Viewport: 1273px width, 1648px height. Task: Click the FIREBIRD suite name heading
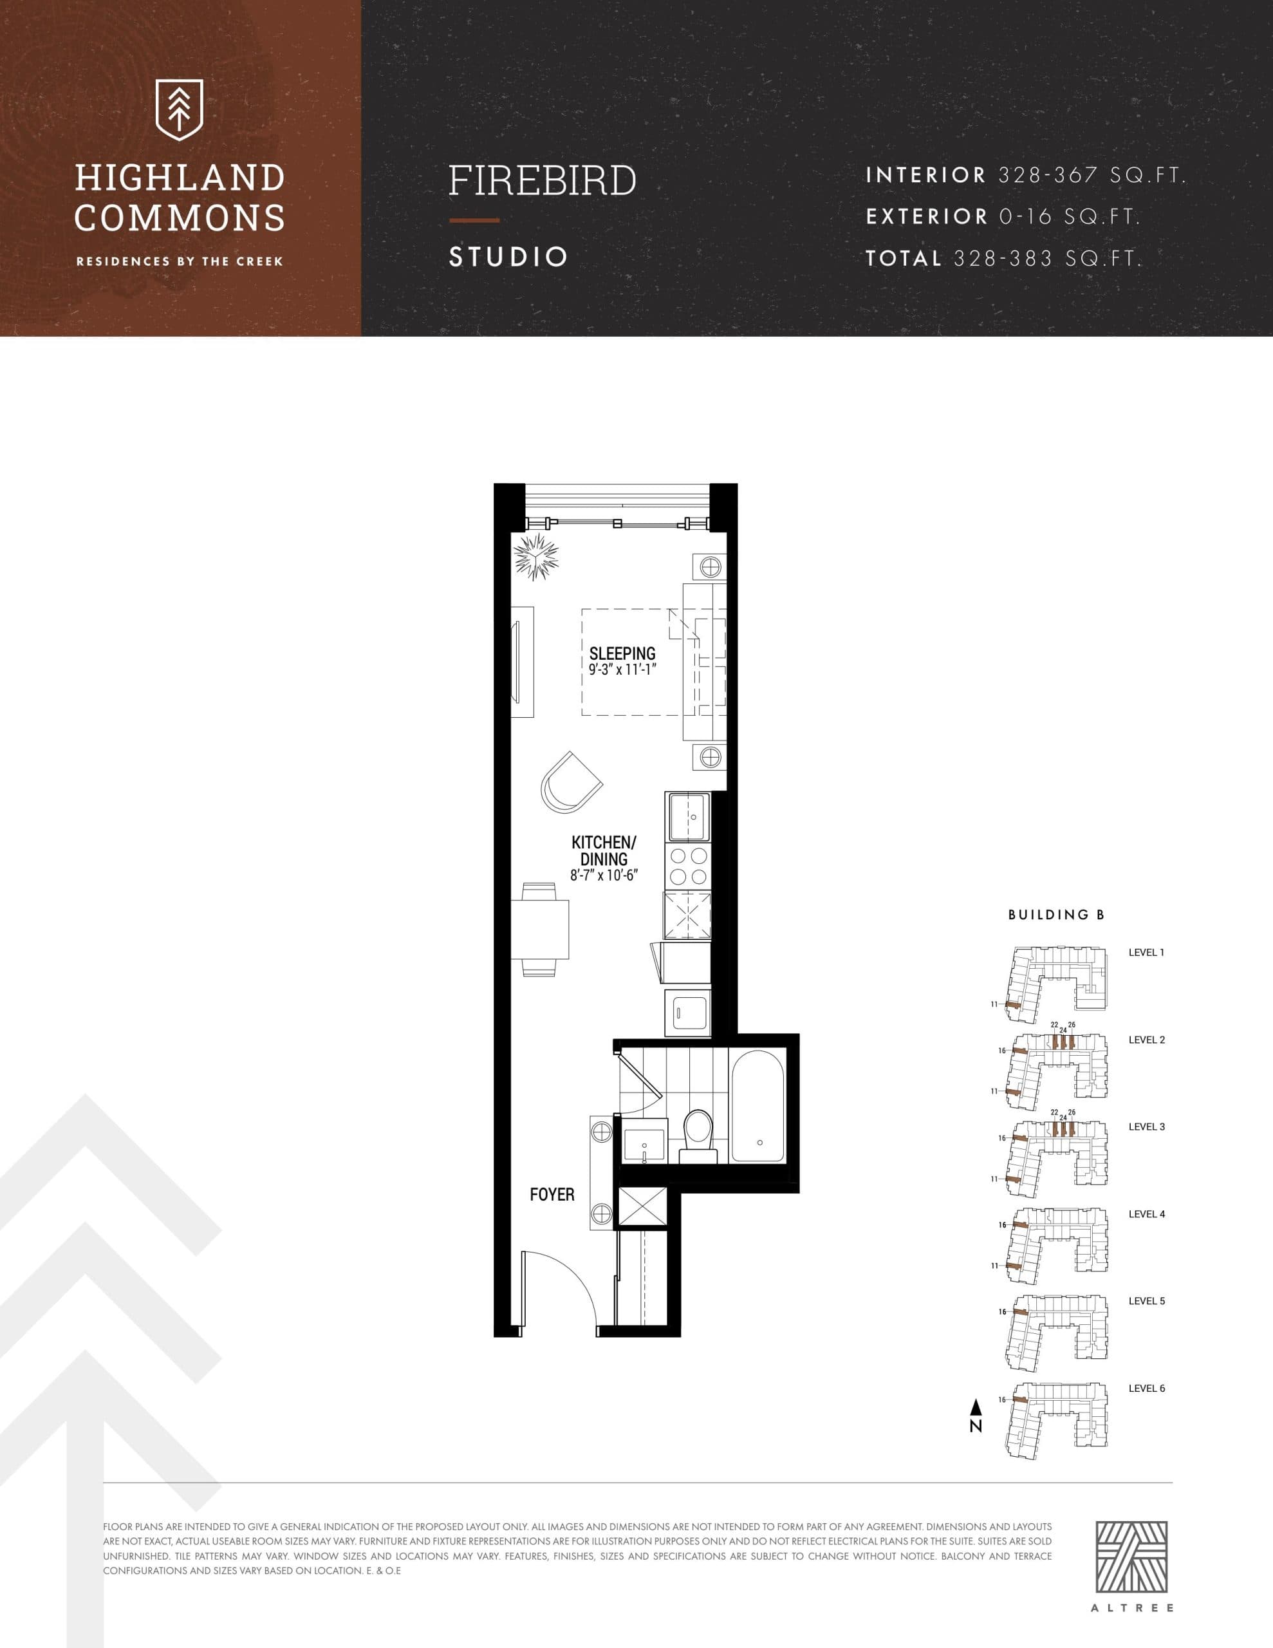[x=543, y=181]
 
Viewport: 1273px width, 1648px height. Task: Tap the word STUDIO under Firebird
[x=508, y=257]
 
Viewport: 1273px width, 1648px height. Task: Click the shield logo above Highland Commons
[x=179, y=110]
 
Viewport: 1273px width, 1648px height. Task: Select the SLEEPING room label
[x=622, y=653]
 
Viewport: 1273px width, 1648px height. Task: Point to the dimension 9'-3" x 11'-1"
[x=622, y=669]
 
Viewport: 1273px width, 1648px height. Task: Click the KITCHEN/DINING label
[x=604, y=850]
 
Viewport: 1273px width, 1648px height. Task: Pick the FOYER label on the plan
[x=552, y=1195]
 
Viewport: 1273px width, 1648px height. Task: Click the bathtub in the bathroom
[x=758, y=1106]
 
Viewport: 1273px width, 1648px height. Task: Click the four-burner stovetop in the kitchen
[x=688, y=866]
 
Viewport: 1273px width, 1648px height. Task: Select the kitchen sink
[x=687, y=816]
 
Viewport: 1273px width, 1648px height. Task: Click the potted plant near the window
[x=537, y=557]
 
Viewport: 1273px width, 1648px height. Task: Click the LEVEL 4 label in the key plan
[x=1146, y=1214]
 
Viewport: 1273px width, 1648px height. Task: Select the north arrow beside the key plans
[x=976, y=1416]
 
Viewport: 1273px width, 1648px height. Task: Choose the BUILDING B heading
[x=1055, y=915]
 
